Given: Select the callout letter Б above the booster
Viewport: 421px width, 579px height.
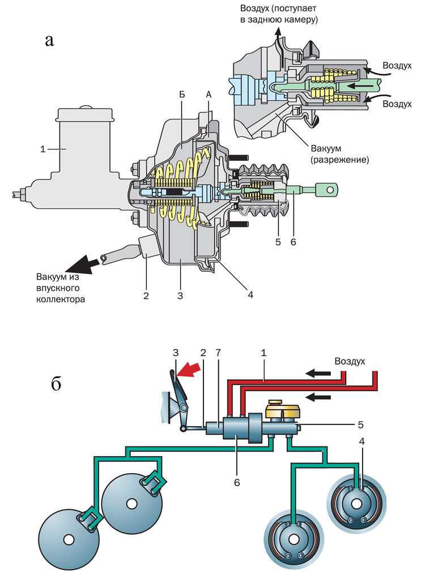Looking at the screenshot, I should (x=182, y=97).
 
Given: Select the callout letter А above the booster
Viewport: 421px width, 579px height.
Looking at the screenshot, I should (x=209, y=97).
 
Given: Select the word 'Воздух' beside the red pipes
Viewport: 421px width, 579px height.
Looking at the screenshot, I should (x=350, y=361).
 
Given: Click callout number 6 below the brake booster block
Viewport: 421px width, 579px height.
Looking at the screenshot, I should (x=237, y=482).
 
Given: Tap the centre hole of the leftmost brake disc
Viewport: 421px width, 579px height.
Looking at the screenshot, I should (x=67, y=539).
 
